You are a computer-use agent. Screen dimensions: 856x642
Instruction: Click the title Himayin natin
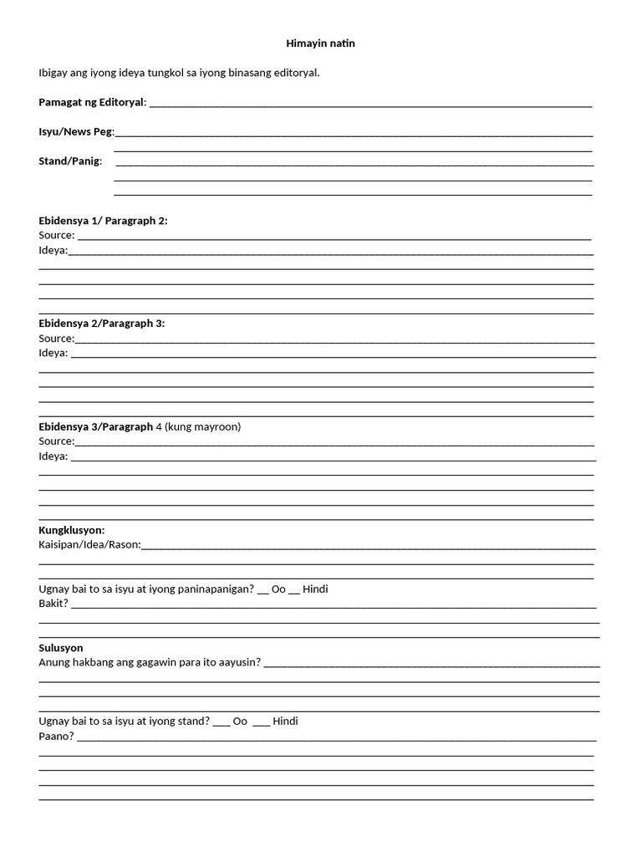[x=320, y=43]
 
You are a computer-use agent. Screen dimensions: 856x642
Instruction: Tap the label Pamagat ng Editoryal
[x=92, y=102]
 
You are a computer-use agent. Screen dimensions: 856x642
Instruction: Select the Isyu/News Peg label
[x=76, y=132]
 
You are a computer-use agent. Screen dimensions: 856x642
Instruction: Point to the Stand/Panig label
[x=70, y=160]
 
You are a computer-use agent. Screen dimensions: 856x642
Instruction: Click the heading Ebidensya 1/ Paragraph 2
[x=103, y=221]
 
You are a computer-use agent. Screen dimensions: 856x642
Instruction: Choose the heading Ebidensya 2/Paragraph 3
[x=101, y=324]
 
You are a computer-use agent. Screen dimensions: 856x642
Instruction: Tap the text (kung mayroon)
[x=203, y=427]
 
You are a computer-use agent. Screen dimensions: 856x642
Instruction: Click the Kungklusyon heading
[x=71, y=530]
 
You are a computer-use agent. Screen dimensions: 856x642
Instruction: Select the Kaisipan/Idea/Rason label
[x=89, y=545]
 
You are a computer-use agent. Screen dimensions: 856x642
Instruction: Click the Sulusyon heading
[x=61, y=648]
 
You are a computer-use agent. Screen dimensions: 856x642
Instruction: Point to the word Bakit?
[x=53, y=604]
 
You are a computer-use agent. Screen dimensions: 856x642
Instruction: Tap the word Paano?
[x=56, y=736]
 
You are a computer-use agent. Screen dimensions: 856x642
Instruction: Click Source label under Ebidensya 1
[x=56, y=236]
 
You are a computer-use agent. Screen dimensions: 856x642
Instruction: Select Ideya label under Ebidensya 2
[x=53, y=354]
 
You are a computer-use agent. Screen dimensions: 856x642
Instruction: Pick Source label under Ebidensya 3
[x=56, y=441]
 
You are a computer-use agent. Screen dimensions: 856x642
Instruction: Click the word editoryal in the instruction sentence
[x=298, y=73]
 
